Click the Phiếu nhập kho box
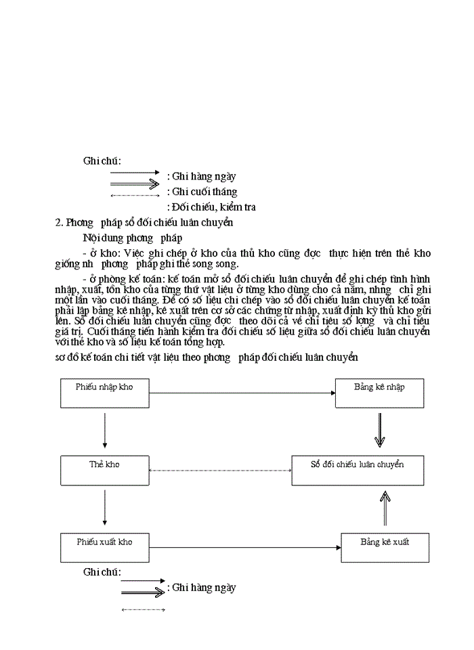pos(104,393)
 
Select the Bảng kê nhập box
pos(379,393)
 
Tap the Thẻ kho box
pos(104,471)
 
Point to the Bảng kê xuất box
pos(385,548)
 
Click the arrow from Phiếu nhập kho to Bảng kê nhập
pos(242,393)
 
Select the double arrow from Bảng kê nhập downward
pos(379,431)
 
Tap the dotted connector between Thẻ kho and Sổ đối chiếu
pos(220,471)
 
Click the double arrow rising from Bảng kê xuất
pos(385,509)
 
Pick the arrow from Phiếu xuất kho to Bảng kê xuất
pos(245,547)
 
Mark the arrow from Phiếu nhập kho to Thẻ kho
pos(104,431)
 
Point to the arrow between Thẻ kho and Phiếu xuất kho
pos(104,508)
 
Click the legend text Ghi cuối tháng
pos(204,192)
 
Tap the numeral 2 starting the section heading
pos(58,222)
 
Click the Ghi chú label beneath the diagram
pos(102,572)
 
